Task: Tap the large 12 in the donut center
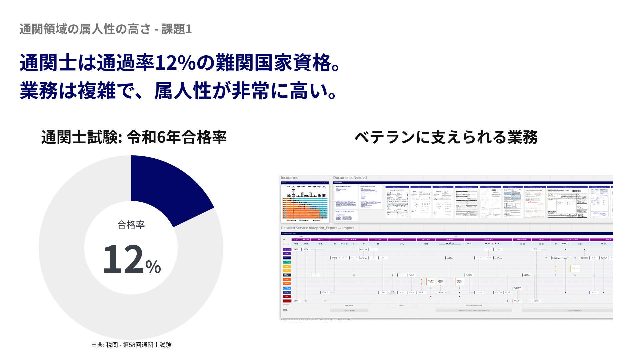[x=123, y=259]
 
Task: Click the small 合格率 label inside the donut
[x=131, y=225]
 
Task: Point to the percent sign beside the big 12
[x=153, y=267]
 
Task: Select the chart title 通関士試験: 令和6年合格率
[x=134, y=137]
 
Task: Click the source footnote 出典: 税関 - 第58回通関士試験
[x=131, y=345]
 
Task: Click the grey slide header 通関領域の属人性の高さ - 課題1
[x=105, y=29]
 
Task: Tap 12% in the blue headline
[x=175, y=63]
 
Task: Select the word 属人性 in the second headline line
[x=183, y=91]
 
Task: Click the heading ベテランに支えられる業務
[x=446, y=137]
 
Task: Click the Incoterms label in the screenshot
[x=289, y=178]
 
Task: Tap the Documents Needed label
[x=350, y=178]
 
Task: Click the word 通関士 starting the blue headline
[x=48, y=63]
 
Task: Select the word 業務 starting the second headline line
[x=39, y=91]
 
